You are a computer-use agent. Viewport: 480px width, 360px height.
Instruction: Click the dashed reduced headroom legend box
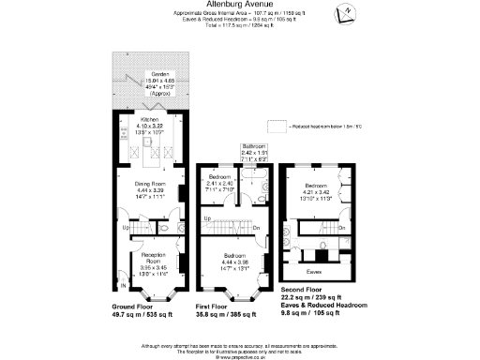coord(277,126)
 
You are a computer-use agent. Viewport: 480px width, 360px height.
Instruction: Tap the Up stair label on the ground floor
coord(127,226)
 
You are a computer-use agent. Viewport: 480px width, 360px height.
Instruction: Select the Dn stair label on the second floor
coord(341,228)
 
